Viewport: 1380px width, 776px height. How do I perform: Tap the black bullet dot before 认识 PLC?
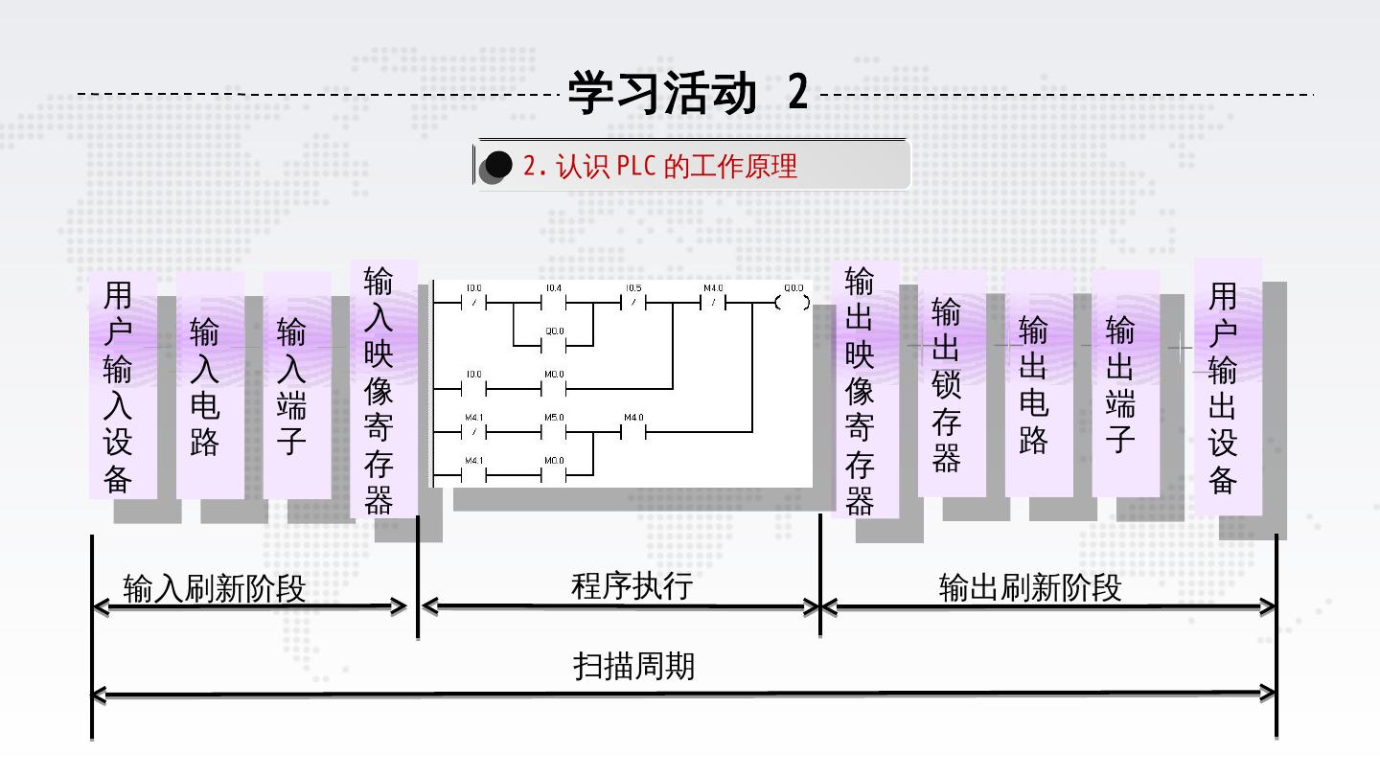pos(498,166)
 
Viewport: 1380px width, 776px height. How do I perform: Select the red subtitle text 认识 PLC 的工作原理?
pos(660,167)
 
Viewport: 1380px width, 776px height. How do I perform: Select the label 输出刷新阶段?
pos(1030,587)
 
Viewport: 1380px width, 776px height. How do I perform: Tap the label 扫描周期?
pos(634,666)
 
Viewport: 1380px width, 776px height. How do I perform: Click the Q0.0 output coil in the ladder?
pos(793,303)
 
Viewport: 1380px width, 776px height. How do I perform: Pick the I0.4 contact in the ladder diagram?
pos(554,303)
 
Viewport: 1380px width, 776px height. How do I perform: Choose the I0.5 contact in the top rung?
pos(633,303)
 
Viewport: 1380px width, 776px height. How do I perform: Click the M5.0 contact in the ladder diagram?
pos(554,432)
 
